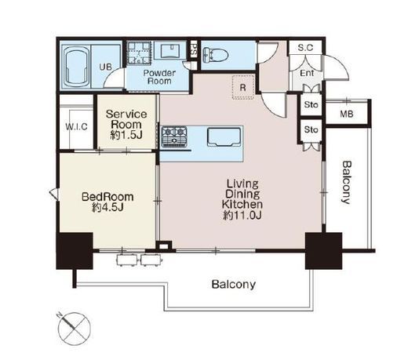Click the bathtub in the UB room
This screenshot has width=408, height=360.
tap(76, 67)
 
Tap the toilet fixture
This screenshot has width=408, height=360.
tap(216, 54)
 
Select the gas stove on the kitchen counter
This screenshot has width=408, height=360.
tap(174, 136)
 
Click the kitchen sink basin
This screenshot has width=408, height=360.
tap(224, 136)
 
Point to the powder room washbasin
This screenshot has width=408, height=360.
tap(170, 50)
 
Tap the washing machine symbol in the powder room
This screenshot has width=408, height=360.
tap(139, 53)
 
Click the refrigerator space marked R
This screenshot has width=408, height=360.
tap(243, 87)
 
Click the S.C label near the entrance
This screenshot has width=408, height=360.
tap(305, 48)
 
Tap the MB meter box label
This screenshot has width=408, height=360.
tap(347, 114)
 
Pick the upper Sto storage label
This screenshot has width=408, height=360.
tap(311, 104)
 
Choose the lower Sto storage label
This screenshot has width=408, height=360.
tap(311, 129)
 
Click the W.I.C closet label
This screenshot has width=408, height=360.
tap(76, 127)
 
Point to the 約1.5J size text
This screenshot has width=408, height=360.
tap(126, 135)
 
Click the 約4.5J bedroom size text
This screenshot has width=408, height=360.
tap(107, 207)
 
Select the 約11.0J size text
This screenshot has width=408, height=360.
tap(242, 215)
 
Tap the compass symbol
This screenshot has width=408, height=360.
tap(74, 329)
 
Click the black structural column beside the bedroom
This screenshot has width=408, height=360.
tap(75, 251)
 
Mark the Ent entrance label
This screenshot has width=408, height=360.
tap(307, 73)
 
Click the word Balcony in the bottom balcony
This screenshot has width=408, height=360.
tap(234, 284)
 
